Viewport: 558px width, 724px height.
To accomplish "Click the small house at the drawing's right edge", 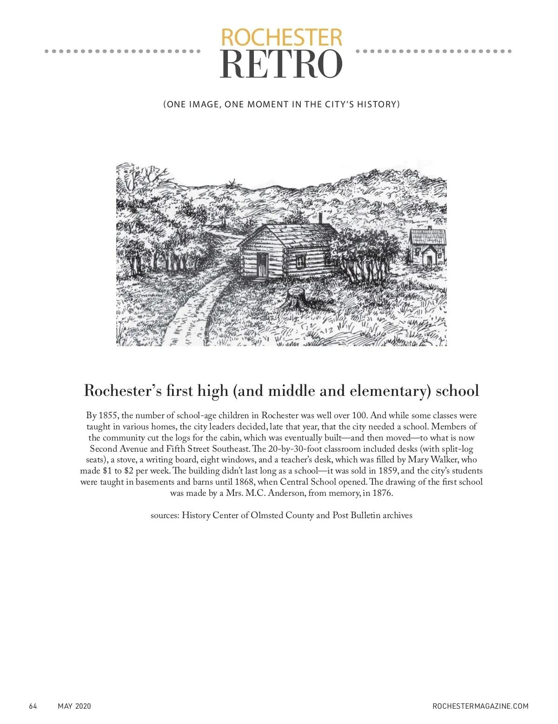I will (x=427, y=246).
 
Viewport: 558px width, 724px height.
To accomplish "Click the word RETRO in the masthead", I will (x=281, y=64).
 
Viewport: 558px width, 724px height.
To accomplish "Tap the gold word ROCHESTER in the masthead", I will (x=281, y=37).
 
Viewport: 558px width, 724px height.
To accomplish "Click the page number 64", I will (x=33, y=706).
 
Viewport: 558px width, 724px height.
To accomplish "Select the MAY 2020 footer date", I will (x=74, y=706).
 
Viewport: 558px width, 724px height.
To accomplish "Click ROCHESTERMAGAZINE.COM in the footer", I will (x=480, y=706).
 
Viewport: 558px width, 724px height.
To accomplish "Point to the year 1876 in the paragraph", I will (x=382, y=493).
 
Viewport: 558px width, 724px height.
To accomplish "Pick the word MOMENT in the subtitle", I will (x=268, y=105).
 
